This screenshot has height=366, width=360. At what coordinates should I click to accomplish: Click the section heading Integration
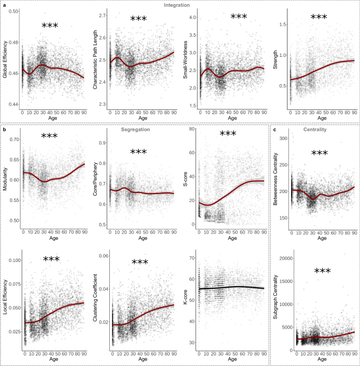[x=177, y=5]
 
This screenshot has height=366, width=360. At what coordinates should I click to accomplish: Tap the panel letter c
[x=275, y=129]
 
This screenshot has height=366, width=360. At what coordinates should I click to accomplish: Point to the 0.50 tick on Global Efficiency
[x=14, y=11]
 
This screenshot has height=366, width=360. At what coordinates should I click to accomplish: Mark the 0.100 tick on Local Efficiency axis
[x=13, y=260]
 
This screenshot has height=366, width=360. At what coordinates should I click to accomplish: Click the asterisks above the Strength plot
[x=318, y=18]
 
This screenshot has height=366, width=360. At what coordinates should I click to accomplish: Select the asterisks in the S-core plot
[x=228, y=135]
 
